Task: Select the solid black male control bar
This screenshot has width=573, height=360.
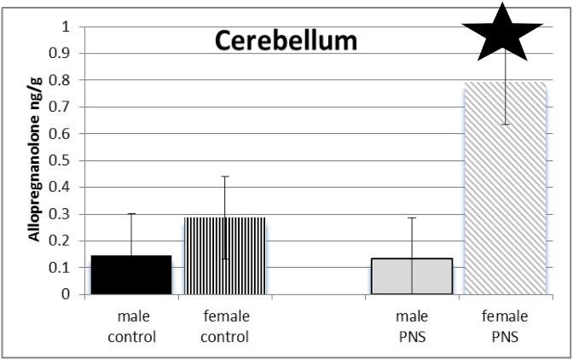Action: point(131,275)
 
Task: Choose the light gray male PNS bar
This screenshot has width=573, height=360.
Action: point(412,276)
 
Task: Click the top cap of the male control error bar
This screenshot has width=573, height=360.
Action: point(131,214)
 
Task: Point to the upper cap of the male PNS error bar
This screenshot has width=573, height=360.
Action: point(412,218)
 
